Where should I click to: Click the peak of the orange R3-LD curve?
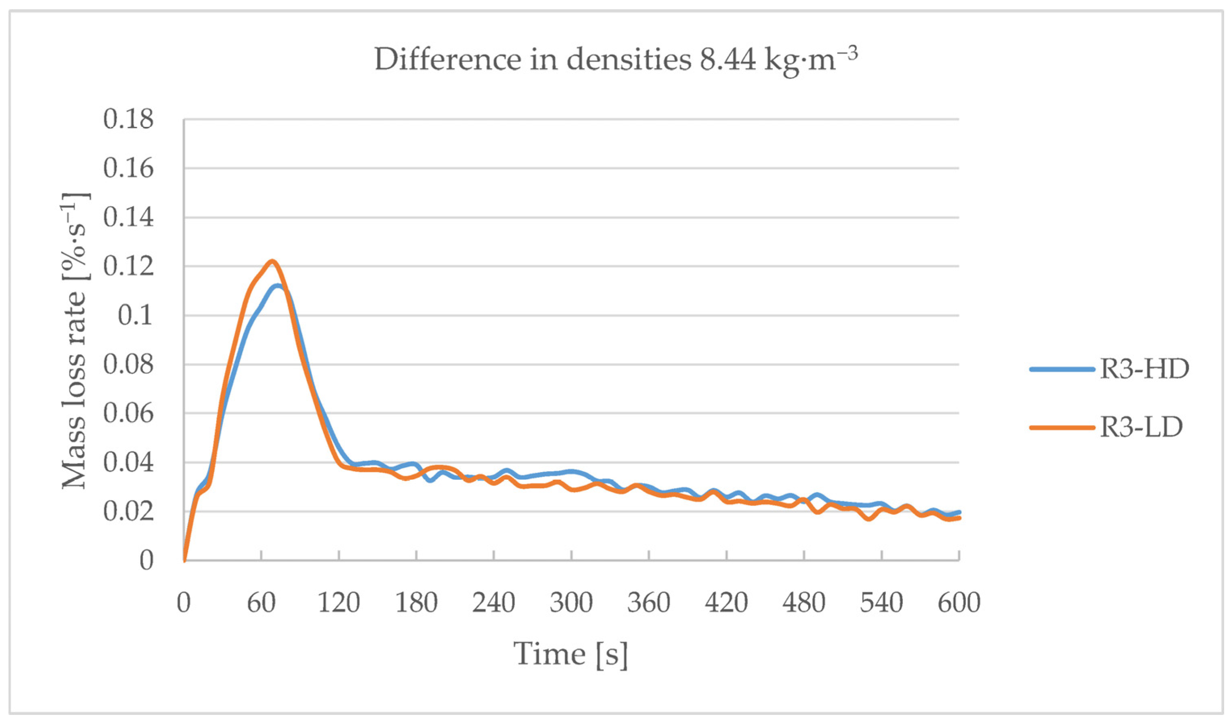tap(272, 261)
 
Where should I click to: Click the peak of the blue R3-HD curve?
tap(278, 286)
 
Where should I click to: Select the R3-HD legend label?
tap(1144, 369)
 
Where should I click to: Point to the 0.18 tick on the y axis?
tap(128, 119)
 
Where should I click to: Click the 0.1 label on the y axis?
tap(135, 316)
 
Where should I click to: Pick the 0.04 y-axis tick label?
tap(128, 462)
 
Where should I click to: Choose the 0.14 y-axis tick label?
tap(128, 217)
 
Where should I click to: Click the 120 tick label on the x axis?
tap(339, 603)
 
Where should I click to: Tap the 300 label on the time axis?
tap(571, 603)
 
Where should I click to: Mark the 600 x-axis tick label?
tap(959, 603)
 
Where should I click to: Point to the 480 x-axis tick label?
tap(803, 603)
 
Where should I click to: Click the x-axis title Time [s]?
tap(571, 654)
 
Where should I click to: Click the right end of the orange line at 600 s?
tap(959, 518)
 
